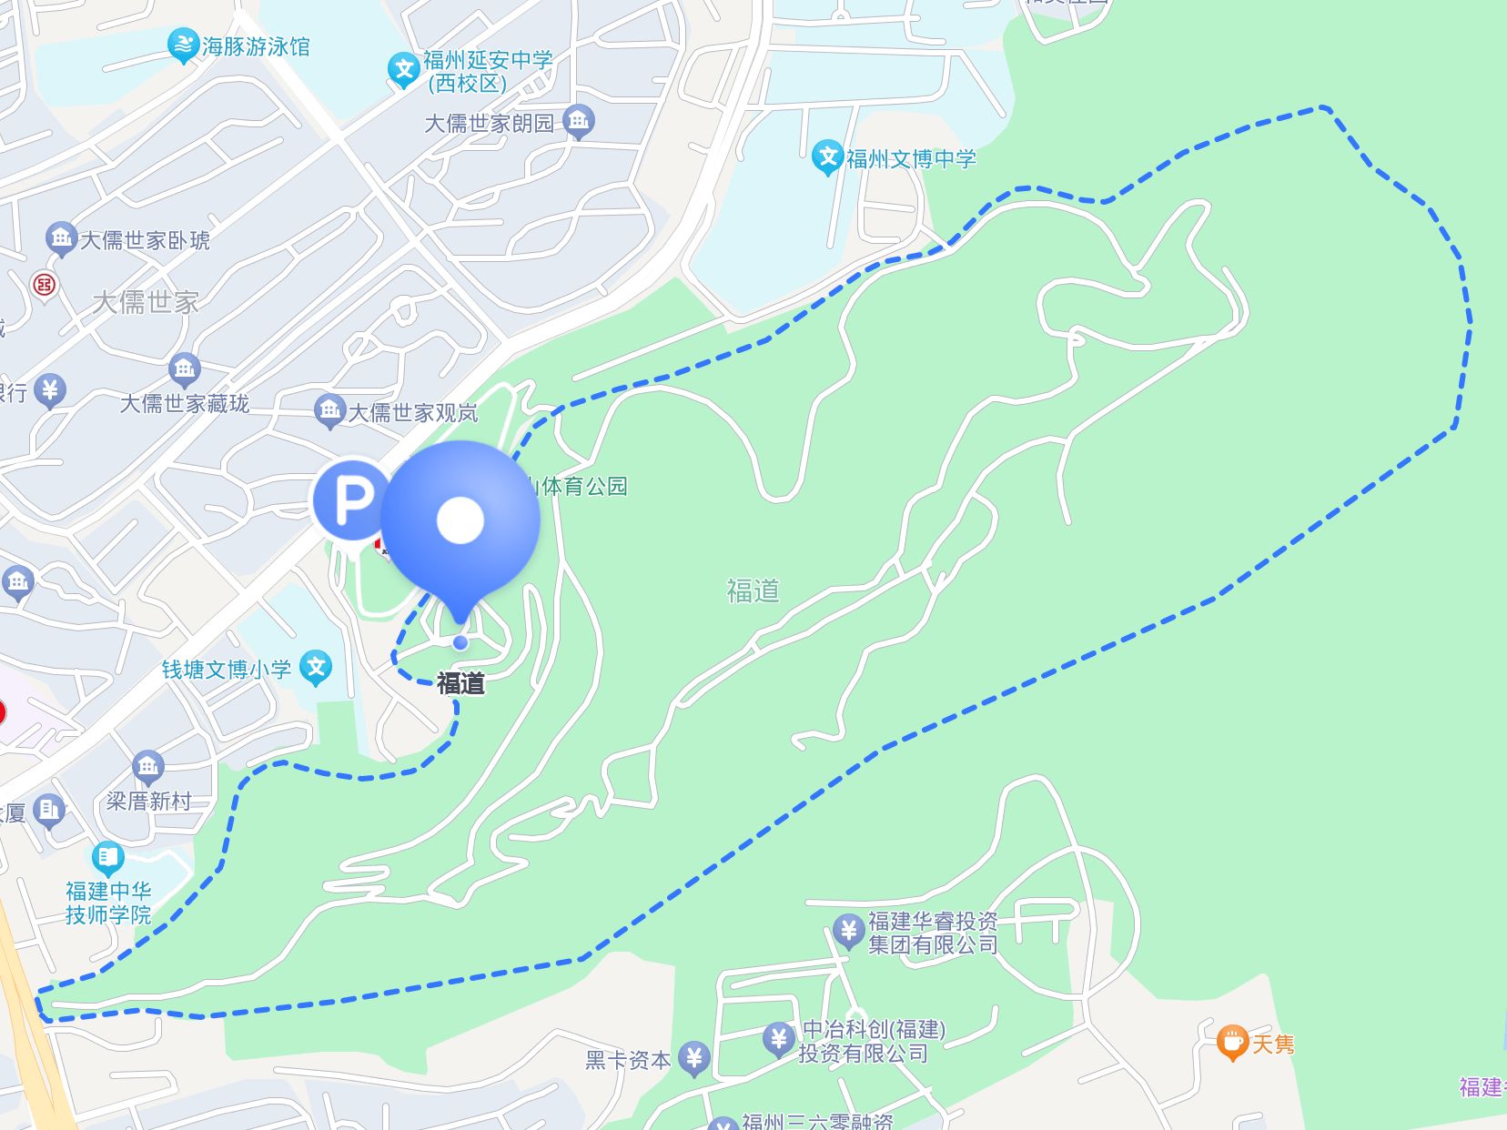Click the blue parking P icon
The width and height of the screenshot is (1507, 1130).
tap(349, 499)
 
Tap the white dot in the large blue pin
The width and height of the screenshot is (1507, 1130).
tap(460, 520)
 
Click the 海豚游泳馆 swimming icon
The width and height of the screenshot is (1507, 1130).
tap(183, 45)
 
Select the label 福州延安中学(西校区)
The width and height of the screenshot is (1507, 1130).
tap(487, 72)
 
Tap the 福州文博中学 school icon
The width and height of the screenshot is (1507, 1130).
tap(826, 156)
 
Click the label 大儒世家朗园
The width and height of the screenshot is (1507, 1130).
tap(489, 123)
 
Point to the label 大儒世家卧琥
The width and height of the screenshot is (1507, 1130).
tap(145, 240)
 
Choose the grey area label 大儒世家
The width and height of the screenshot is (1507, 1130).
tap(145, 302)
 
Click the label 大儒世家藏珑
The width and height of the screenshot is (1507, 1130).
tap(184, 403)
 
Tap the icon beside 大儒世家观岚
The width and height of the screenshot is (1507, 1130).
tap(329, 410)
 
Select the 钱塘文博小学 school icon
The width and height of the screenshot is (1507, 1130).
tap(316, 668)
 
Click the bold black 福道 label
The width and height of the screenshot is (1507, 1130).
tap(460, 683)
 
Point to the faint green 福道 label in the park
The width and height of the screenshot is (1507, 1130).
tap(753, 591)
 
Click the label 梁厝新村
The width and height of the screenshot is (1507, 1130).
tap(148, 802)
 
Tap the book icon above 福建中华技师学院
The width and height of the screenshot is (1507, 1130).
tap(107, 857)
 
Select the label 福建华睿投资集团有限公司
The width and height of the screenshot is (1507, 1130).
tap(933, 933)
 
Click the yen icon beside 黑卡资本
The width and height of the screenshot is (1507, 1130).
tap(694, 1057)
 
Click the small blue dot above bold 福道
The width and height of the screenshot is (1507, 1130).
tap(460, 642)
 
